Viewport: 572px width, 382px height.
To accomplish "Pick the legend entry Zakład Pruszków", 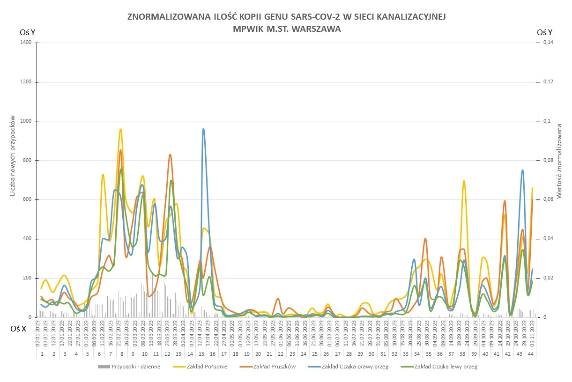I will (x=274, y=367).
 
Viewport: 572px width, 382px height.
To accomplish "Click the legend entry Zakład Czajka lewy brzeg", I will (x=446, y=367).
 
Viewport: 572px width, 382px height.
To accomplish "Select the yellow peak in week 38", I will (x=464, y=181).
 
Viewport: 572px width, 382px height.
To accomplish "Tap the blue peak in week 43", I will (x=522, y=170).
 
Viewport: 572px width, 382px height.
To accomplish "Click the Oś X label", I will (x=19, y=329).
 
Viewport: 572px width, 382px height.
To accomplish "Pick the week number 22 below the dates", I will (x=280, y=354).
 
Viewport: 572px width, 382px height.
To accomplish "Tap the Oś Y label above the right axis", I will (x=545, y=32).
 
